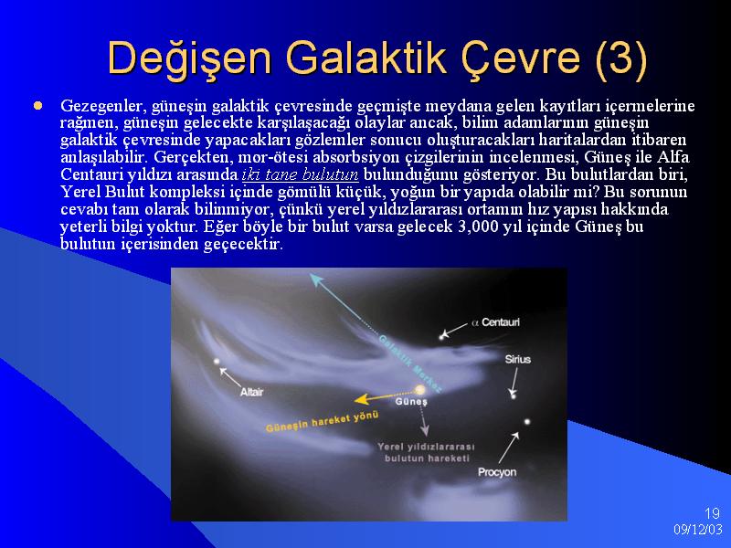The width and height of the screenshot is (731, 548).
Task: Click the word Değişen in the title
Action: tap(189, 59)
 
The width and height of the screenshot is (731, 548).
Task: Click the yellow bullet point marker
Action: tap(37, 106)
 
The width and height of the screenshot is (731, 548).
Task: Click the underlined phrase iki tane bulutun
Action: tap(301, 174)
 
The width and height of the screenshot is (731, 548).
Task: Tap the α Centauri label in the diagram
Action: tap(495, 322)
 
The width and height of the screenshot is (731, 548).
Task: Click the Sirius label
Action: tap(517, 359)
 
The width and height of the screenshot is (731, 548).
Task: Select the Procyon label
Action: tap(497, 472)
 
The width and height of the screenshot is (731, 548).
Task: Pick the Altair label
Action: tap(252, 393)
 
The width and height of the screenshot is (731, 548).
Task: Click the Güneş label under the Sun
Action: tap(411, 401)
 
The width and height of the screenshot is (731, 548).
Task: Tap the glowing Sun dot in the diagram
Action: tap(420, 389)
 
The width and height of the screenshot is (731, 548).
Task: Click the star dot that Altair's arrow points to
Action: tap(217, 361)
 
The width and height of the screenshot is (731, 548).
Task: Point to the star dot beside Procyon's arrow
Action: tap(527, 422)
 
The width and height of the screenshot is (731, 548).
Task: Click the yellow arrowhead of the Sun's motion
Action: tap(360, 399)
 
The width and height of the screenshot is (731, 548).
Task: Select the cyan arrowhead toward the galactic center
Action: tap(315, 279)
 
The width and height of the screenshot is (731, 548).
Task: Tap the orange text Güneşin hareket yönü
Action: tap(322, 422)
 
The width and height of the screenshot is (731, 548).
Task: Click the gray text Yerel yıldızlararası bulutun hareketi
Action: tap(426, 452)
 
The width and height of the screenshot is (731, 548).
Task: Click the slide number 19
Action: tap(712, 513)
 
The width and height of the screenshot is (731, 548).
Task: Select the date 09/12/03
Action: tap(698, 530)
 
